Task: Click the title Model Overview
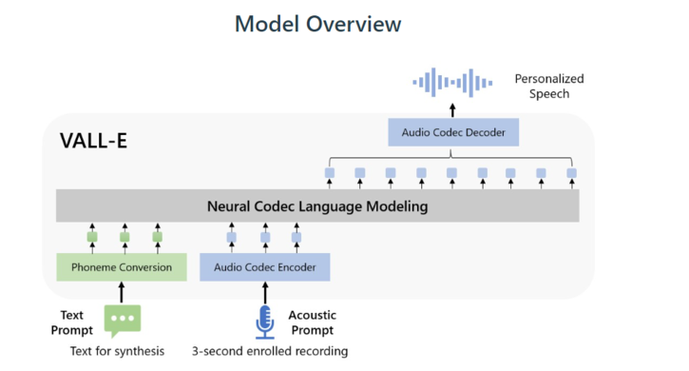pos(317,24)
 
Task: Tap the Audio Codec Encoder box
pos(264,267)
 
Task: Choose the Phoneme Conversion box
pos(121,267)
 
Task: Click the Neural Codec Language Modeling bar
pos(317,205)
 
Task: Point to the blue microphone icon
pos(265,322)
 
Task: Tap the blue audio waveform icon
pos(452,84)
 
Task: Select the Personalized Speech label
pos(549,87)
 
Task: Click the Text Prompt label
pos(73,322)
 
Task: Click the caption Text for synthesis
pos(117,351)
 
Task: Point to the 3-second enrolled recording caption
pos(270,351)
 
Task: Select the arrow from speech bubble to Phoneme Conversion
pos(122,291)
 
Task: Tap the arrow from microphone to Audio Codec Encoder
pos(265,291)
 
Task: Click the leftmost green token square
pos(93,238)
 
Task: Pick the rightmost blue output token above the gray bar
pos(571,173)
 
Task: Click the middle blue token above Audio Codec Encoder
pos(265,238)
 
